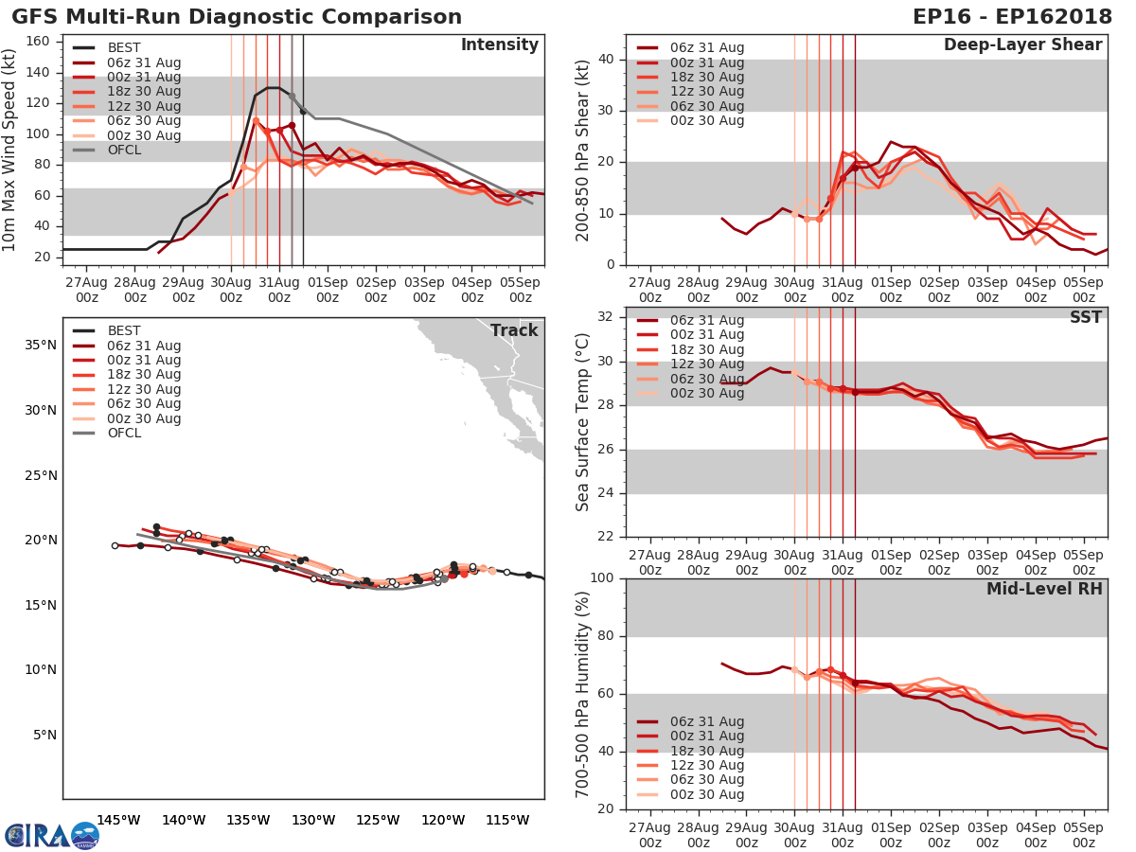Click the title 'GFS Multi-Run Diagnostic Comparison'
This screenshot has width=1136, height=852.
(x=237, y=17)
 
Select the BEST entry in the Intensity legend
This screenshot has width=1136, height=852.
(x=124, y=47)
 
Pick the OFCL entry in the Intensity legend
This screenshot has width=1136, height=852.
(x=124, y=150)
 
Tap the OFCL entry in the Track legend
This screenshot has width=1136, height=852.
(x=124, y=433)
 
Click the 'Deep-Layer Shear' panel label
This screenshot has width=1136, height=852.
(x=1022, y=45)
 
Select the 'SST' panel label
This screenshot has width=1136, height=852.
(x=1086, y=317)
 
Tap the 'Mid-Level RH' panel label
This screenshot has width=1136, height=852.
(x=1044, y=589)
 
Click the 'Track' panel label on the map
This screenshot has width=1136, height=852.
(x=514, y=330)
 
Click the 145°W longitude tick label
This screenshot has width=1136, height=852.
(x=118, y=820)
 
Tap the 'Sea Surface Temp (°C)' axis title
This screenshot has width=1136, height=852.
(x=583, y=421)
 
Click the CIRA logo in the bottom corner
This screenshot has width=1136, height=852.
(x=52, y=835)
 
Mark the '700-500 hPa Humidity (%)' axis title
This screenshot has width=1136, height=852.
(x=583, y=693)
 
